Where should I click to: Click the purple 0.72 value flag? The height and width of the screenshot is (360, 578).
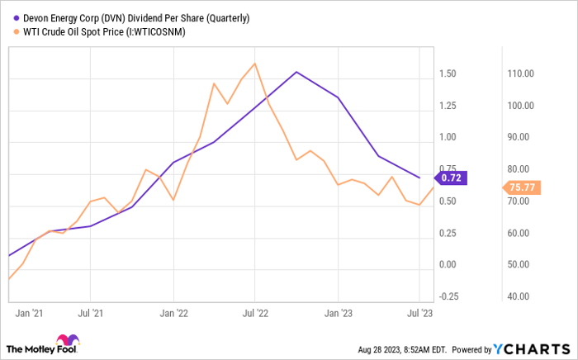click(452, 177)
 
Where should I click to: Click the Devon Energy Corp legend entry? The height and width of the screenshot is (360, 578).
click(132, 17)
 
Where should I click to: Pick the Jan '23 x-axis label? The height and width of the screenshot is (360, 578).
click(337, 313)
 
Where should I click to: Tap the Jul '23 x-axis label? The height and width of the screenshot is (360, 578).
click(419, 313)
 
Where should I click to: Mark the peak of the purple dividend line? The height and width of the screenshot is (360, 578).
click(296, 72)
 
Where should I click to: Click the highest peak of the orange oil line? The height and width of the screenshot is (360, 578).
click(254, 63)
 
